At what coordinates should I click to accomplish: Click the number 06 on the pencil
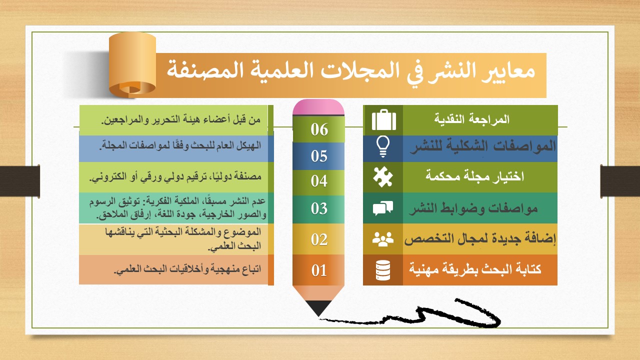319,129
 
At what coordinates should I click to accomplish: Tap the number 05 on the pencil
319,156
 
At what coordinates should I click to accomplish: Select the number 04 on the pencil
319,181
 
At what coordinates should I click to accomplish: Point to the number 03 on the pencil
319,208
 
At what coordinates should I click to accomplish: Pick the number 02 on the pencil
319,239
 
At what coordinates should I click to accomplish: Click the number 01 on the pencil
319,270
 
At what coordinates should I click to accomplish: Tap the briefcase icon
384,119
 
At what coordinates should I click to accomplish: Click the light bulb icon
383,146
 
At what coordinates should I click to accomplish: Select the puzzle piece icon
383,176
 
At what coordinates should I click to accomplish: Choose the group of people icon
383,239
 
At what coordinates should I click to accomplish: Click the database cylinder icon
383,270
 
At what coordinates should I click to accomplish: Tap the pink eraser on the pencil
318,107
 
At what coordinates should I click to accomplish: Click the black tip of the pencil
318,308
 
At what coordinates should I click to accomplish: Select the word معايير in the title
508,71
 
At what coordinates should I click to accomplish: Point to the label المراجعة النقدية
472,119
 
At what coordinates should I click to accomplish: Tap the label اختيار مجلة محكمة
475,175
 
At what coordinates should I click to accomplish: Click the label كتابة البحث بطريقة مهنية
475,269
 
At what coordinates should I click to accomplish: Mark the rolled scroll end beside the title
132,65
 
